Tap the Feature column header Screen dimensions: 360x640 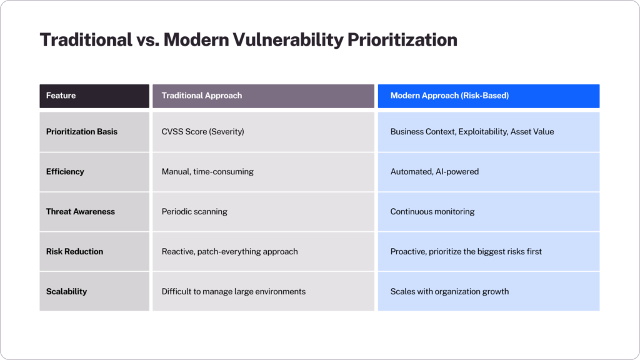point(61,96)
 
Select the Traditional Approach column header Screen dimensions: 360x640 point(201,96)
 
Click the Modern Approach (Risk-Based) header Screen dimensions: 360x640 point(449,96)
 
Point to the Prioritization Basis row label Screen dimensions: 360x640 point(82,132)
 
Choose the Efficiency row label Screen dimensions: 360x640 point(65,172)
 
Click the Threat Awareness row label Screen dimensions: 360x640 point(81,212)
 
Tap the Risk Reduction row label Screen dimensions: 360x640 point(74,252)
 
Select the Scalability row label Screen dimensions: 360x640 point(66,292)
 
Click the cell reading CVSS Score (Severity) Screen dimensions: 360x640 point(202,132)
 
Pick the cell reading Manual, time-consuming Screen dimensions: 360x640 point(207,172)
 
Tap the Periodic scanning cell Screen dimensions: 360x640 point(194,212)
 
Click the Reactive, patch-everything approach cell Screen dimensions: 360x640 point(229,252)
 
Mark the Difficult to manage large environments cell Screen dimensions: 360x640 point(233,292)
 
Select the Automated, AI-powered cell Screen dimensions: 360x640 point(434,172)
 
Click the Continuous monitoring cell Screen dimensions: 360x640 point(432,212)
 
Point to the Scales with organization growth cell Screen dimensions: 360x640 point(449,292)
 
